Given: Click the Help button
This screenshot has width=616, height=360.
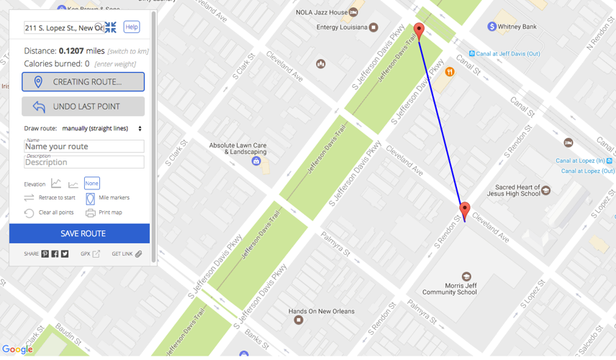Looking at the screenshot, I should (x=131, y=27).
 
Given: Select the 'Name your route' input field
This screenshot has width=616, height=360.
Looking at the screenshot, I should (x=83, y=146).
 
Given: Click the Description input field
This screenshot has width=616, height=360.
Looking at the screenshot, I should (x=83, y=162).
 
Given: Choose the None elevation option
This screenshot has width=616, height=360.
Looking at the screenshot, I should (x=91, y=184).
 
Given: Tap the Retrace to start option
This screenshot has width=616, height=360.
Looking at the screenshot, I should (x=57, y=197).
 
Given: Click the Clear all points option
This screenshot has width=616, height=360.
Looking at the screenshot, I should (x=55, y=212).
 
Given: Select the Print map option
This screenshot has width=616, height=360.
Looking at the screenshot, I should (x=110, y=212).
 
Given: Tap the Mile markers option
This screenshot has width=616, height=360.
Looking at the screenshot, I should (x=114, y=197).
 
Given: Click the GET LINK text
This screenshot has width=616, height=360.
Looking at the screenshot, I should (x=122, y=254).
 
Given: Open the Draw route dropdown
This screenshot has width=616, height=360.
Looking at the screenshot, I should (x=101, y=128).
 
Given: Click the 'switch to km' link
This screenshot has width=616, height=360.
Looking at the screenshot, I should (x=128, y=51).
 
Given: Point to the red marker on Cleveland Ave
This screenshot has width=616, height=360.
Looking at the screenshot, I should (x=465, y=210).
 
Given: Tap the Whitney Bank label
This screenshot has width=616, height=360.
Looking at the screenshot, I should (x=519, y=27).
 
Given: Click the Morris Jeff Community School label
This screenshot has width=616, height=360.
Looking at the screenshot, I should (x=450, y=289).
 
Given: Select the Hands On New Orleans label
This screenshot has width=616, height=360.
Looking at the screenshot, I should (x=321, y=311).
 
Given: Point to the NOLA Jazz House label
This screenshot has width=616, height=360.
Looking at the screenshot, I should (x=322, y=12).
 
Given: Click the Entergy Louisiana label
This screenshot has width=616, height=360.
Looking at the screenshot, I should (x=342, y=27).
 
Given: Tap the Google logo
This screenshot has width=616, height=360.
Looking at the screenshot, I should (x=17, y=350).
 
